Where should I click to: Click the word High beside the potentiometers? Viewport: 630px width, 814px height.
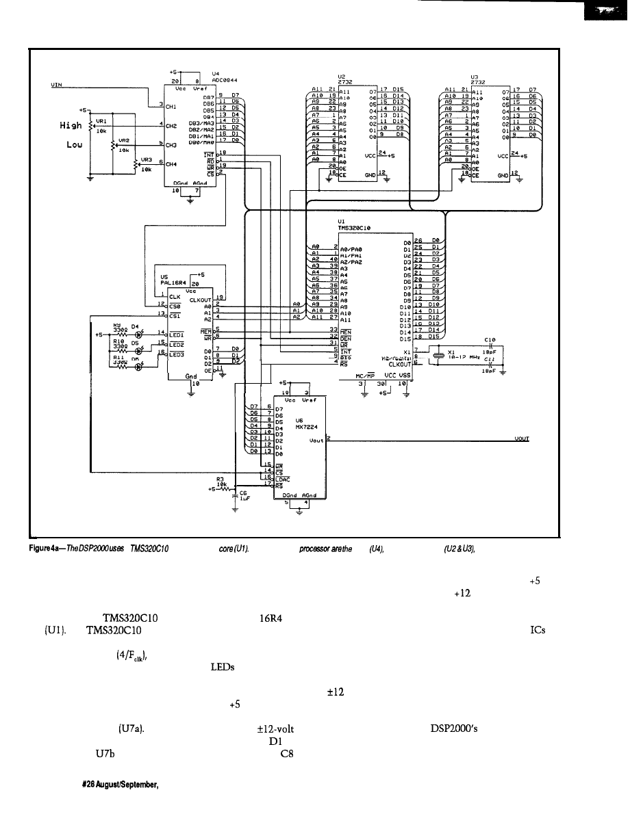[71, 125]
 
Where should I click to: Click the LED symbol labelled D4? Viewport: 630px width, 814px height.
[138, 334]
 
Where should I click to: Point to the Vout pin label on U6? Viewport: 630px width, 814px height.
[316, 441]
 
